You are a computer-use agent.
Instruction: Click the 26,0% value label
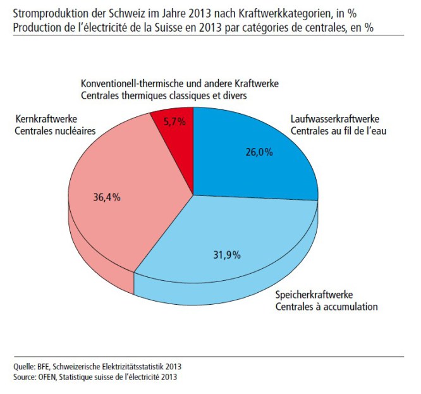[259, 152]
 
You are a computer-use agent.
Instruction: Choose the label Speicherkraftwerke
[313, 295]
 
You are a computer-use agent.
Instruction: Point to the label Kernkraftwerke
[44, 120]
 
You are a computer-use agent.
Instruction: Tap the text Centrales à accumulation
[326, 307]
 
